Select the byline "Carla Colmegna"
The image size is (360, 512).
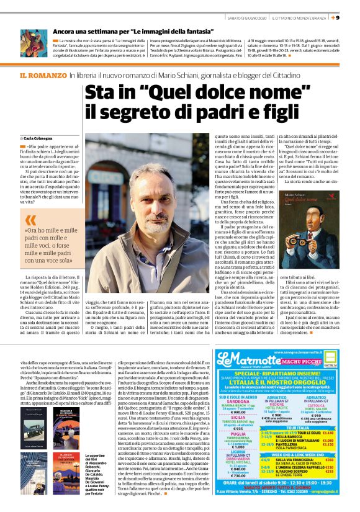click(39, 138)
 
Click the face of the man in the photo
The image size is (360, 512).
click(143, 189)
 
